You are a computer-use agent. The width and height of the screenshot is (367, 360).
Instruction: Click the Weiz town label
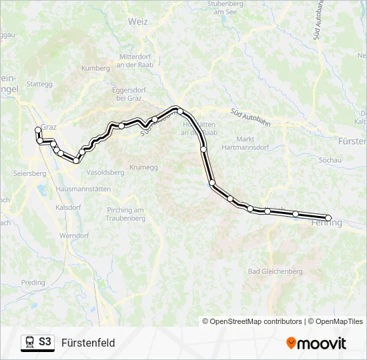click(138, 21)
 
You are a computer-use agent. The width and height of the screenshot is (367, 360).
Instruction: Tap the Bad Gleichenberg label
click(275, 271)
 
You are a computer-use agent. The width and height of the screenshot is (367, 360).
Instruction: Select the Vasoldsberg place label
click(105, 172)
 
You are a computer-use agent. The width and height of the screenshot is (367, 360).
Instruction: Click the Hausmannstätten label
click(83, 189)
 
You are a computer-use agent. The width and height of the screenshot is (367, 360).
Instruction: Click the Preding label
click(33, 282)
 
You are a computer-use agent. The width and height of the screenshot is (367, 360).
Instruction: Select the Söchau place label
click(330, 161)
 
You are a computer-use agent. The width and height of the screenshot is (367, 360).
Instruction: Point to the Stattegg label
click(39, 84)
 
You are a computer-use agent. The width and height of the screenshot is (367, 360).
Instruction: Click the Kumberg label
click(95, 68)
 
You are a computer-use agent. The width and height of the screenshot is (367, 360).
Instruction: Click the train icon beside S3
click(29, 343)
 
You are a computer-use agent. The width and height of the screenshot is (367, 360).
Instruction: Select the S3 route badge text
click(45, 343)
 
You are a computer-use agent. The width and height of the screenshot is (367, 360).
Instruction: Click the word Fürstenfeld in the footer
click(88, 343)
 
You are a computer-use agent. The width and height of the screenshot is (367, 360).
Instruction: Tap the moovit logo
click(316, 343)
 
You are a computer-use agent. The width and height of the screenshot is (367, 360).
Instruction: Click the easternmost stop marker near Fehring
click(328, 218)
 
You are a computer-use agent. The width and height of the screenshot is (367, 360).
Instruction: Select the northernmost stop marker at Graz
click(37, 130)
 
